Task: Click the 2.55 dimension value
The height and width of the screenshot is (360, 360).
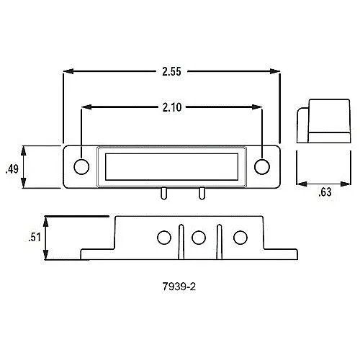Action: click(x=171, y=71)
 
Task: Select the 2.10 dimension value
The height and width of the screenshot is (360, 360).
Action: click(x=171, y=107)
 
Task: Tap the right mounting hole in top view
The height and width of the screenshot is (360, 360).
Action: click(x=263, y=166)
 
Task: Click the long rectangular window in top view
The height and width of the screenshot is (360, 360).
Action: click(x=172, y=166)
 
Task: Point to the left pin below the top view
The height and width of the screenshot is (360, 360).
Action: click(x=164, y=194)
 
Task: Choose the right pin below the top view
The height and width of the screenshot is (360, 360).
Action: click(x=201, y=194)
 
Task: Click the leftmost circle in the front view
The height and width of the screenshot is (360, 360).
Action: click(x=163, y=237)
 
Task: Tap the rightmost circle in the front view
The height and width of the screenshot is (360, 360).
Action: click(x=240, y=237)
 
